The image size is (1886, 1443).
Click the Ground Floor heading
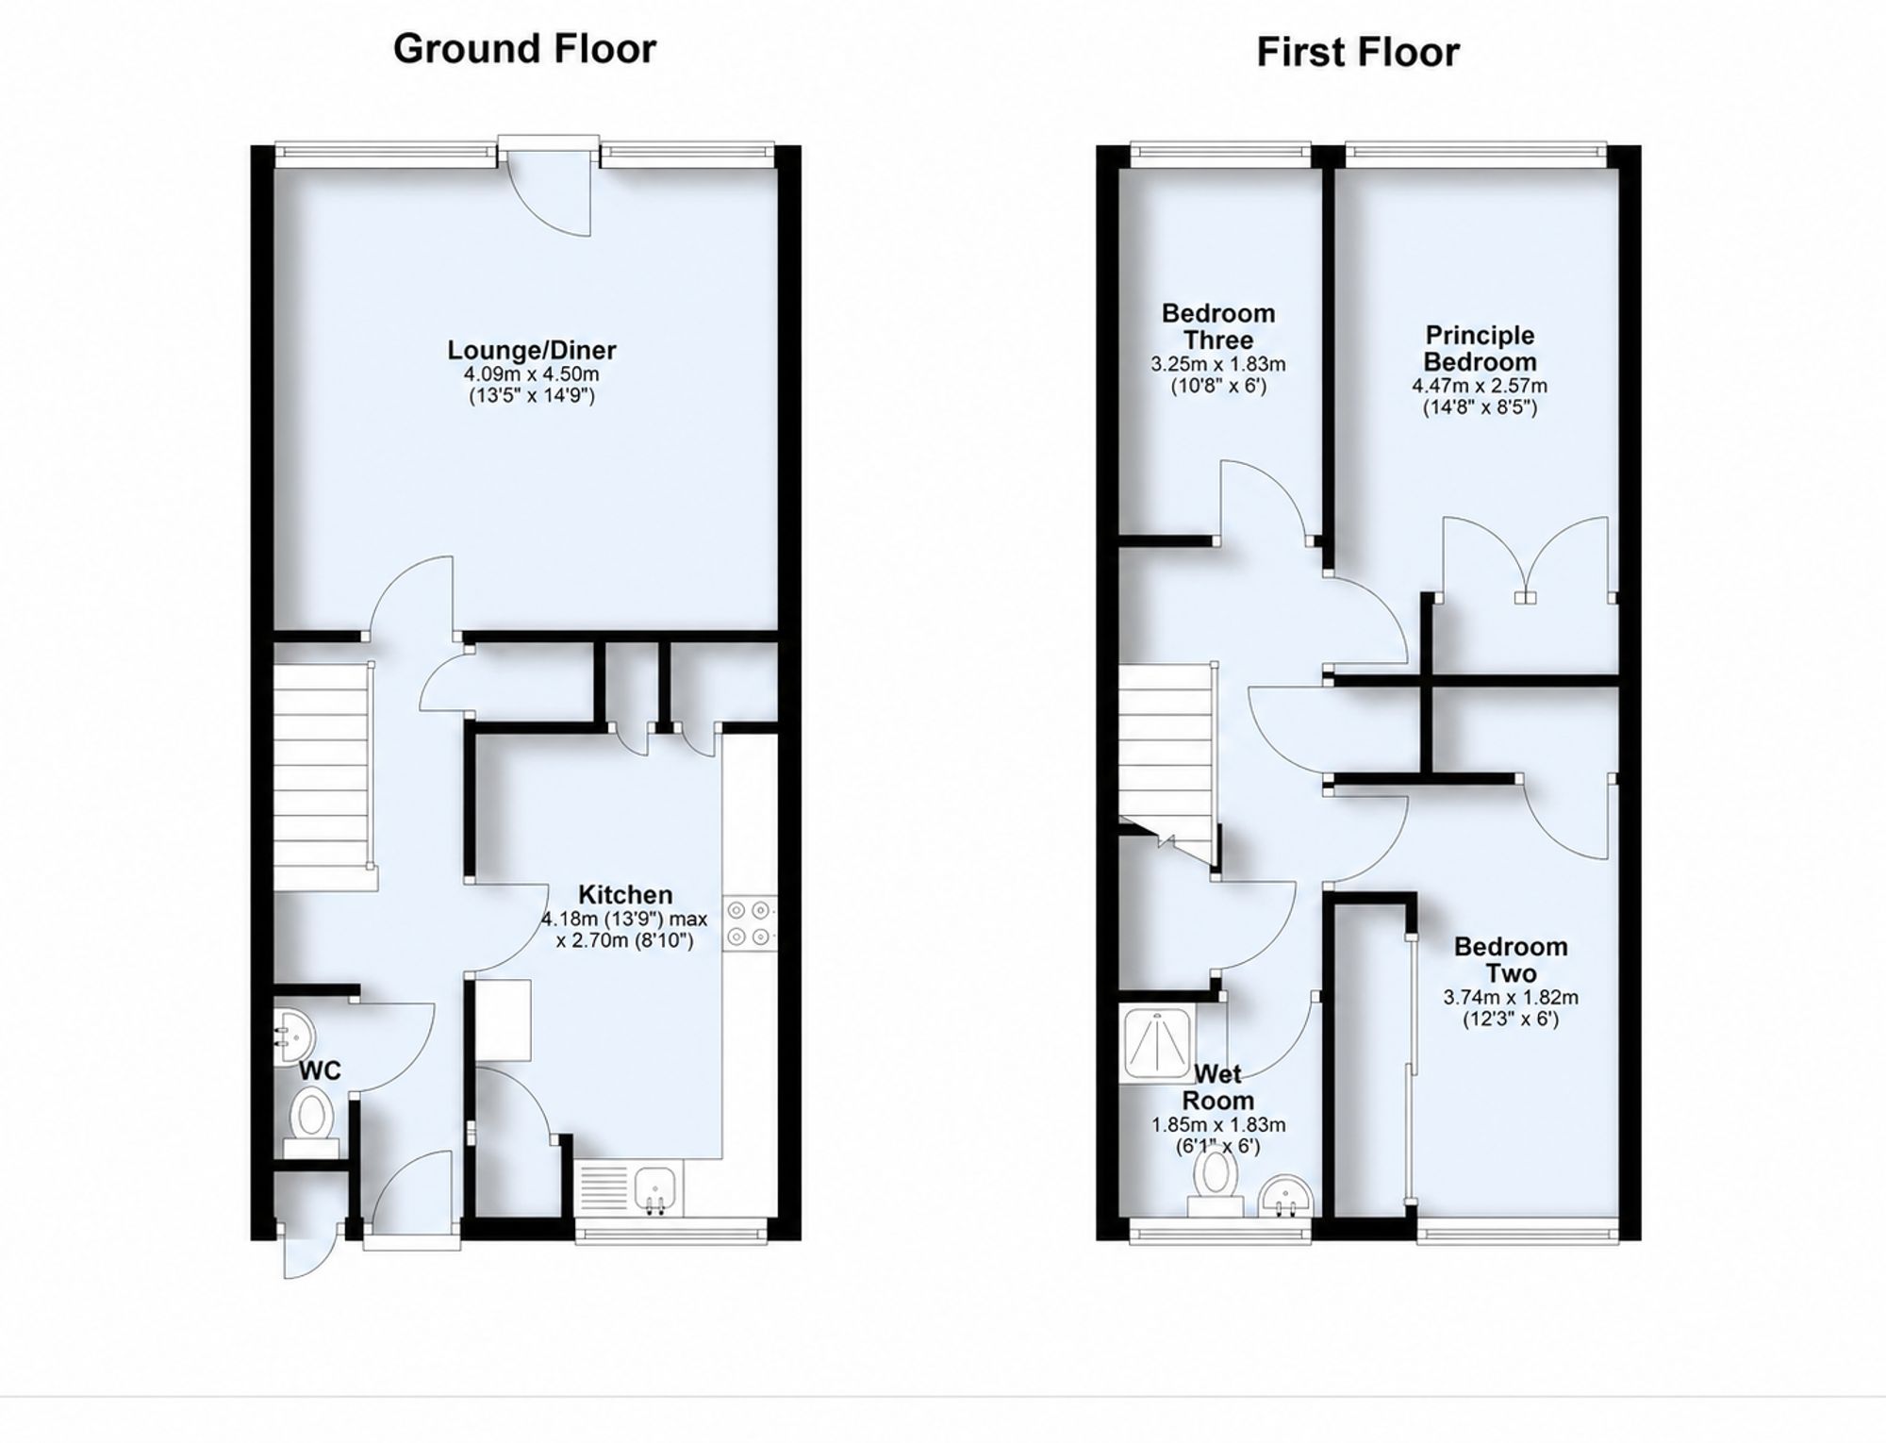pyautogui.click(x=524, y=49)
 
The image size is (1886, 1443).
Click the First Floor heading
pyautogui.click(x=1358, y=52)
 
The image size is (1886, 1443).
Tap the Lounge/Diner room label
pyautogui.click(x=532, y=350)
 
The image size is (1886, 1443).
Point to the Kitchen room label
pyautogui.click(x=625, y=894)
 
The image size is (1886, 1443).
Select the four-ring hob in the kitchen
pyautogui.click(x=751, y=923)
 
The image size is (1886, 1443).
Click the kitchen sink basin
pyautogui.click(x=656, y=1187)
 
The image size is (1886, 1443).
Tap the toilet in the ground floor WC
pyautogui.click(x=311, y=1121)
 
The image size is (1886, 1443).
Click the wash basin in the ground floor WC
pyautogui.click(x=294, y=1037)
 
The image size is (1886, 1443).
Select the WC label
pyautogui.click(x=320, y=1070)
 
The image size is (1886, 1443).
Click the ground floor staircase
pyautogui.click(x=321, y=776)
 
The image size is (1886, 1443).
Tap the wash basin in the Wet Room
pyautogui.click(x=1286, y=1196)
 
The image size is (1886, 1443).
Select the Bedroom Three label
pyautogui.click(x=1218, y=326)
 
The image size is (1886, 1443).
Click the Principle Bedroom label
pyautogui.click(x=1480, y=348)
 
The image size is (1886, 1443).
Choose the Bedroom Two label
pyautogui.click(x=1511, y=959)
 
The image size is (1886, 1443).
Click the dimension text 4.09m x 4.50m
pyautogui.click(x=532, y=374)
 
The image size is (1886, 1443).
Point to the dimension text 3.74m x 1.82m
pyautogui.click(x=1511, y=997)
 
